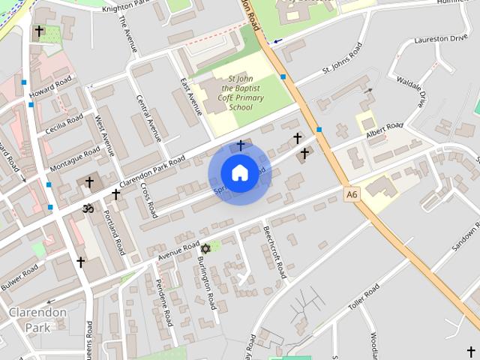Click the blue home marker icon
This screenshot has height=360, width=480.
[x=239, y=172]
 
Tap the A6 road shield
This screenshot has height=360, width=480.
[x=352, y=194]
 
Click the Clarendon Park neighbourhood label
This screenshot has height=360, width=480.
[x=37, y=319]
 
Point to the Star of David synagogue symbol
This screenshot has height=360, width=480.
[x=205, y=248]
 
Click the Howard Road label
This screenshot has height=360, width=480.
[x=51, y=87]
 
